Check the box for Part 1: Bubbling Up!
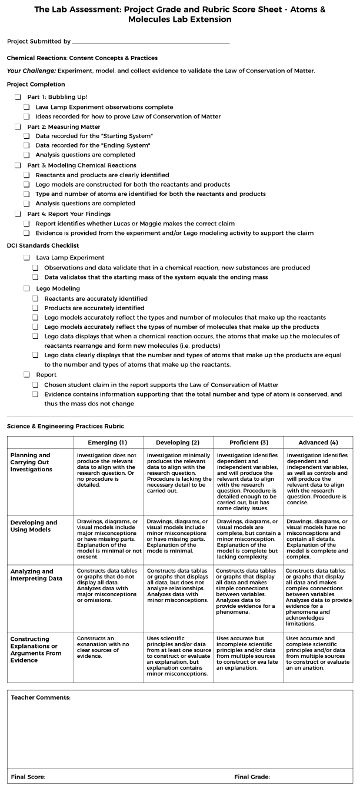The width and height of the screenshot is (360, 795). (18, 97)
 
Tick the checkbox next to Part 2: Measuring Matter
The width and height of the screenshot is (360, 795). (18, 127)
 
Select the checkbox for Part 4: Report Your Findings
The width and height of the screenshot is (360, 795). (18, 214)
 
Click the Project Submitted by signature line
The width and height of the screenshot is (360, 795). (150, 42)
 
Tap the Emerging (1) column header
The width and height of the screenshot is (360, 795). (107, 443)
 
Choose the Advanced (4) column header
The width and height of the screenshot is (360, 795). (318, 443)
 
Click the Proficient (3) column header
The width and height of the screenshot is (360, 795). (248, 443)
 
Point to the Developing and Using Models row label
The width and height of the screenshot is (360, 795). (34, 526)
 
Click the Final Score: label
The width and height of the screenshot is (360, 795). (28, 777)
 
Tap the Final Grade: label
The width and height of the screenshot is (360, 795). (252, 777)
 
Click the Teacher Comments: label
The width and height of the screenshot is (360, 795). (41, 697)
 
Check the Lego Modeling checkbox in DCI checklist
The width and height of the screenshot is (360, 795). (26, 289)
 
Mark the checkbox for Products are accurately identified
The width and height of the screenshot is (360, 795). (36, 308)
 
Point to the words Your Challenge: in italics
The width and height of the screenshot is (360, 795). (31, 71)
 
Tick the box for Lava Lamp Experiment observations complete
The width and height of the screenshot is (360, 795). (26, 107)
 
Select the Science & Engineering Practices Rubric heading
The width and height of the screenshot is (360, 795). (65, 426)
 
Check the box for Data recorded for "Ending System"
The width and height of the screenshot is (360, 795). (26, 145)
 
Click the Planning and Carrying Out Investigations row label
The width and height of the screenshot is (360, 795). (31, 462)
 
